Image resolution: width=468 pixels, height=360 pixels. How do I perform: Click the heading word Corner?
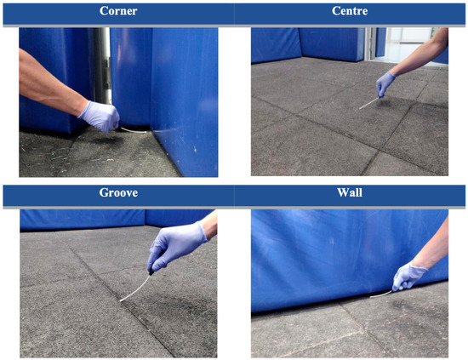tap(118, 11)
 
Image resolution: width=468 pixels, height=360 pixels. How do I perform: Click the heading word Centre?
tap(350, 11)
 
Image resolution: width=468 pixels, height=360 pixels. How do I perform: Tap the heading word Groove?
tap(118, 192)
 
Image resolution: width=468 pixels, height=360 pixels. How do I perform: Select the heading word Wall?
tap(350, 192)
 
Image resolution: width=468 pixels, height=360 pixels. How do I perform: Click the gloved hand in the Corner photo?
tap(100, 117)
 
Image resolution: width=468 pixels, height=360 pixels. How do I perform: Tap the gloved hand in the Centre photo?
tap(385, 84)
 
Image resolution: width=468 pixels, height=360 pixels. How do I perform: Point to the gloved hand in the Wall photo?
tap(408, 276)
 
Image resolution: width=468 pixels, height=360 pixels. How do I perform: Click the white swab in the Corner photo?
tap(134, 130)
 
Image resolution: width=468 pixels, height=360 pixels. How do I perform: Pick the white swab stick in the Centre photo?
tap(369, 103)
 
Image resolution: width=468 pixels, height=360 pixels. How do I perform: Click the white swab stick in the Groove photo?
tap(135, 289)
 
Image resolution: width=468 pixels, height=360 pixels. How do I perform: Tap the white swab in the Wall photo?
tap(381, 294)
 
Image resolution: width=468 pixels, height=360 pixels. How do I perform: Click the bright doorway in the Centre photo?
tap(409, 45)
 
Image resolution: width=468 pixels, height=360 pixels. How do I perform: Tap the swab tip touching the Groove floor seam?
tap(121, 300)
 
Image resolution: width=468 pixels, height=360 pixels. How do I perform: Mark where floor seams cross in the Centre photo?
tap(380, 151)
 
